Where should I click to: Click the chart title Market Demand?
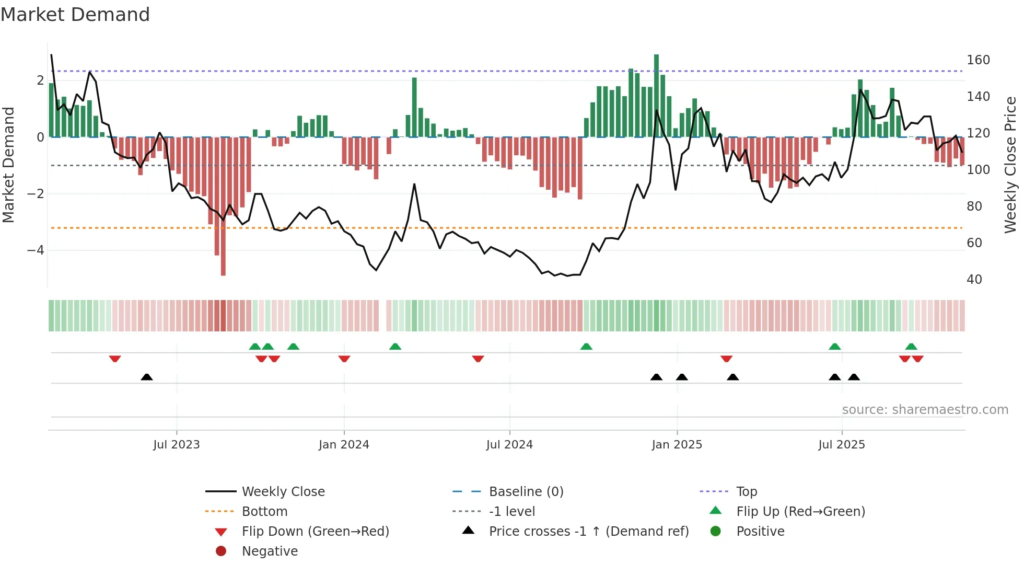75,15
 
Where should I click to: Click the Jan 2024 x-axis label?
344,445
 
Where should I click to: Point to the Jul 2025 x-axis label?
842,445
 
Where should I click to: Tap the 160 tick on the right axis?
978,60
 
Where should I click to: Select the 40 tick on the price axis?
974,280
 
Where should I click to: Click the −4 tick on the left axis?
36,250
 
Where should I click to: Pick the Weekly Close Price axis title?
1010,165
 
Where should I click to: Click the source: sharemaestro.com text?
925,410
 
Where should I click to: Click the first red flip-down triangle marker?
115,359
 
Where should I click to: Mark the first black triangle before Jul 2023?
147,377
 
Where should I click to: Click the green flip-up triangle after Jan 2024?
395,347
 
